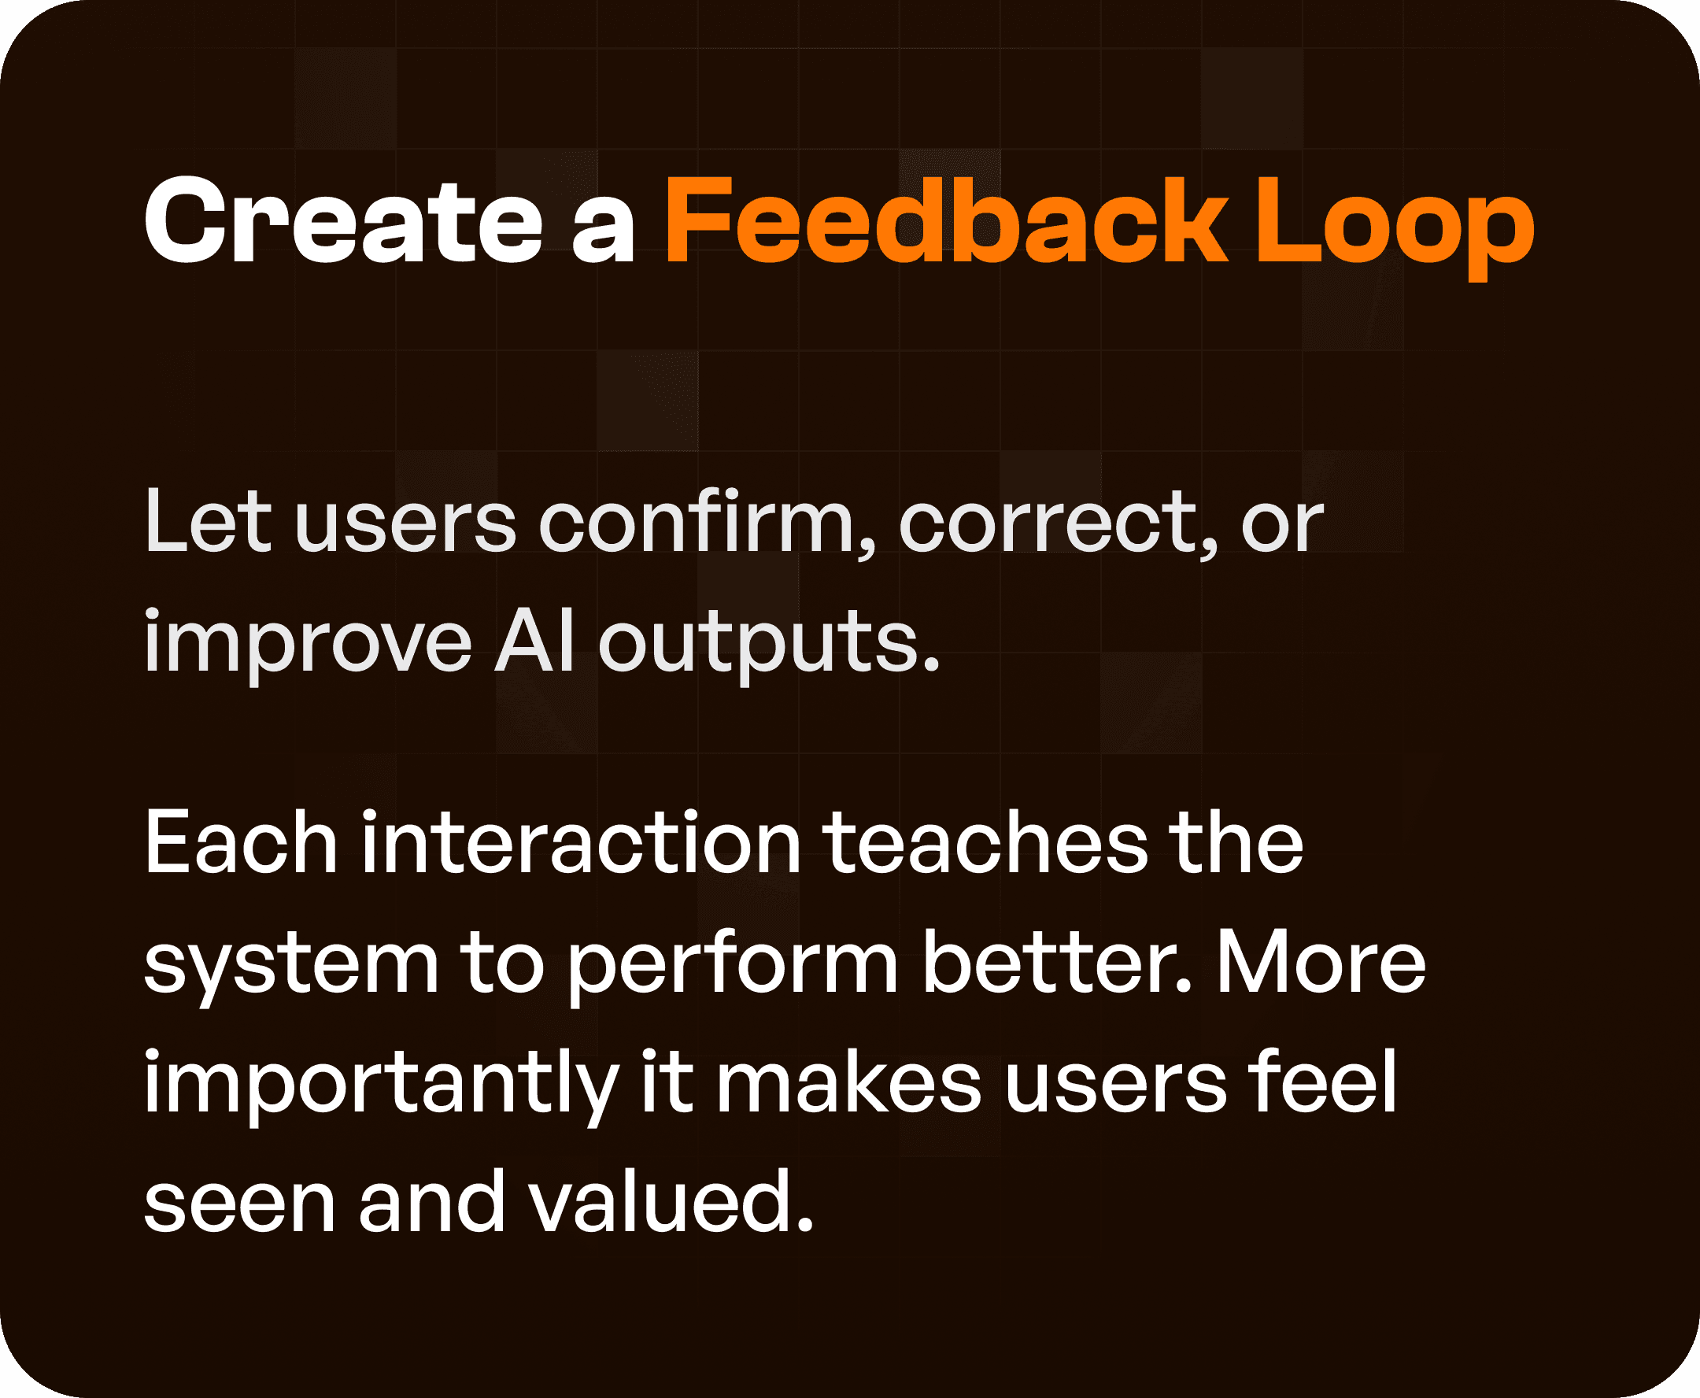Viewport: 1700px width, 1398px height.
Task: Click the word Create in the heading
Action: click(342, 221)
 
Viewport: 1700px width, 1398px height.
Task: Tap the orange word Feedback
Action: click(946, 221)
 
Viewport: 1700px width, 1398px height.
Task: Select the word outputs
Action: click(769, 644)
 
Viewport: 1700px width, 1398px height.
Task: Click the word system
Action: click(290, 967)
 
